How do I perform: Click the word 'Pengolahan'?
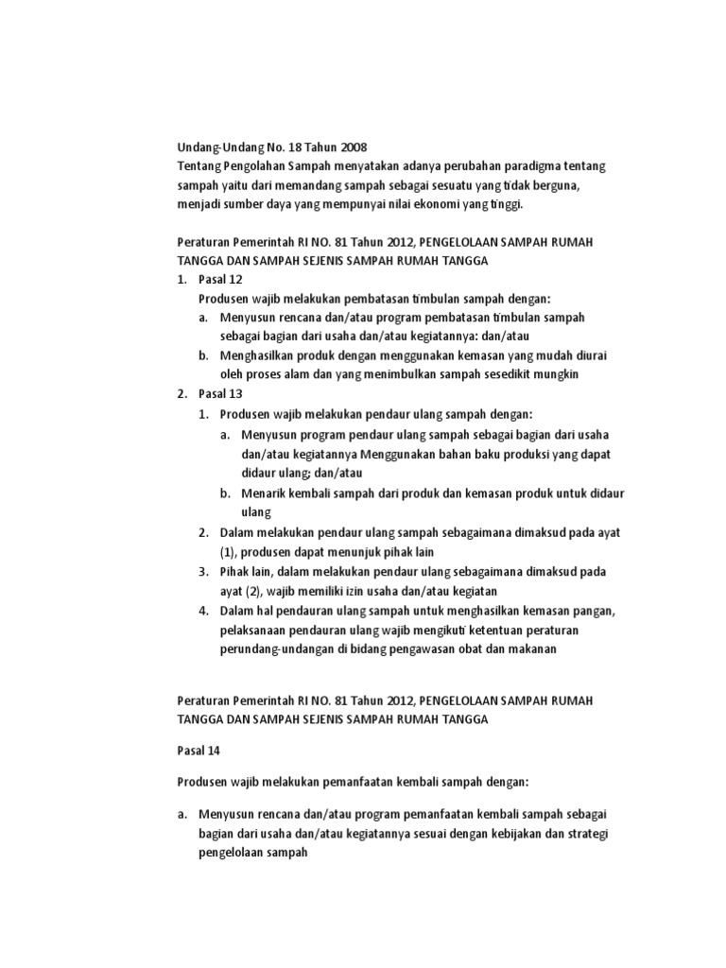pyautogui.click(x=253, y=166)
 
